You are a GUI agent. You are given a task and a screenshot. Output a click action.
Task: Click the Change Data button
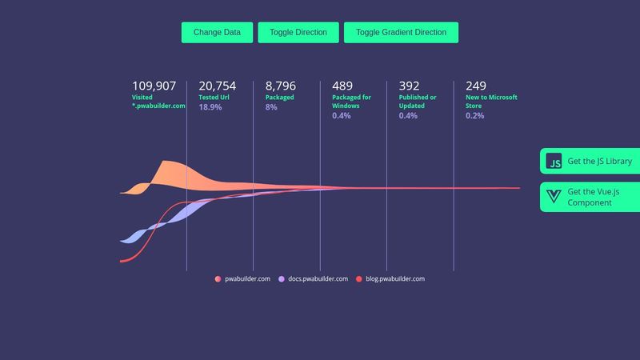tap(217, 33)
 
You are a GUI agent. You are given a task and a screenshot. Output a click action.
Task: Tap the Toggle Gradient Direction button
tap(401, 33)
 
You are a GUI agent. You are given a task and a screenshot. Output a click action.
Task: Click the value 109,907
tap(154, 86)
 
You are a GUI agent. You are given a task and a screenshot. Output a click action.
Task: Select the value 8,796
tap(280, 86)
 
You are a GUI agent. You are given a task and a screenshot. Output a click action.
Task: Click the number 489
tap(342, 86)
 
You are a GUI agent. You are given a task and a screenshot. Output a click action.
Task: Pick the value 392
tap(409, 86)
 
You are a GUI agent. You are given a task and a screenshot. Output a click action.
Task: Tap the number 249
tap(476, 86)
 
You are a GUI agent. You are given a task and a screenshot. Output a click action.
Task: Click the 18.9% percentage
tap(210, 106)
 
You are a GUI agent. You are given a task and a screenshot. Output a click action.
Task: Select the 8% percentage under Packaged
tap(271, 106)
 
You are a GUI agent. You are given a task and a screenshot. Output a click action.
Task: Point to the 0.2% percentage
tap(474, 116)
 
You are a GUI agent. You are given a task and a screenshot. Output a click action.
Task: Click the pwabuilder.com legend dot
tap(218, 279)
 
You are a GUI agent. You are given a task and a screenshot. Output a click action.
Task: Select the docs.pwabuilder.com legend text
tap(318, 279)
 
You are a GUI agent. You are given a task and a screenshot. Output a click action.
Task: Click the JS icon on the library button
tap(554, 162)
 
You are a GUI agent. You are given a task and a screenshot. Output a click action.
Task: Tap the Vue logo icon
tap(554, 197)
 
